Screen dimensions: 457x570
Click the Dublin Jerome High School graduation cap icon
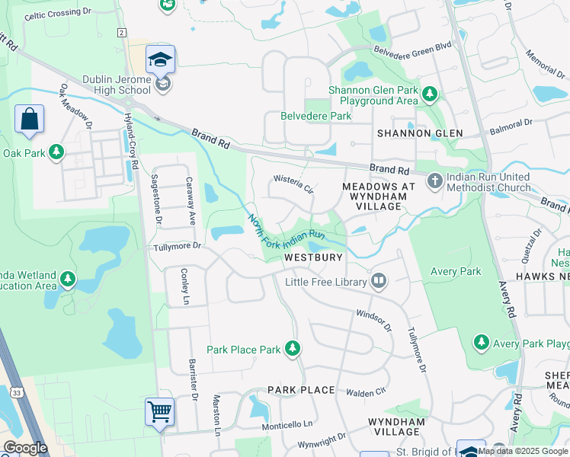tap(161, 59)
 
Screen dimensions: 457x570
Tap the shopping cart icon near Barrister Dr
tap(160, 412)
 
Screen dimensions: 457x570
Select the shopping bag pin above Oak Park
tap(29, 120)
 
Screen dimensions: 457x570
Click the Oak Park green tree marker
tap(56, 152)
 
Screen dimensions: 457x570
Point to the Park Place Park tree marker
tap(292, 349)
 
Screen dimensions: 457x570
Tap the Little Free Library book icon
tap(379, 282)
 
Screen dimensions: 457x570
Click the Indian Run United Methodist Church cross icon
tap(434, 181)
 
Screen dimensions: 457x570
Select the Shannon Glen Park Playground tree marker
tap(430, 94)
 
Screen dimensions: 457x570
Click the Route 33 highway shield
tap(16, 392)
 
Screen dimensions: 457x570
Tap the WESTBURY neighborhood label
tap(313, 258)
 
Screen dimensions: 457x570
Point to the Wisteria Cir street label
tap(294, 184)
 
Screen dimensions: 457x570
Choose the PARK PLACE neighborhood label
tap(301, 390)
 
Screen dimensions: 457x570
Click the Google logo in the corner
tap(26, 447)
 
